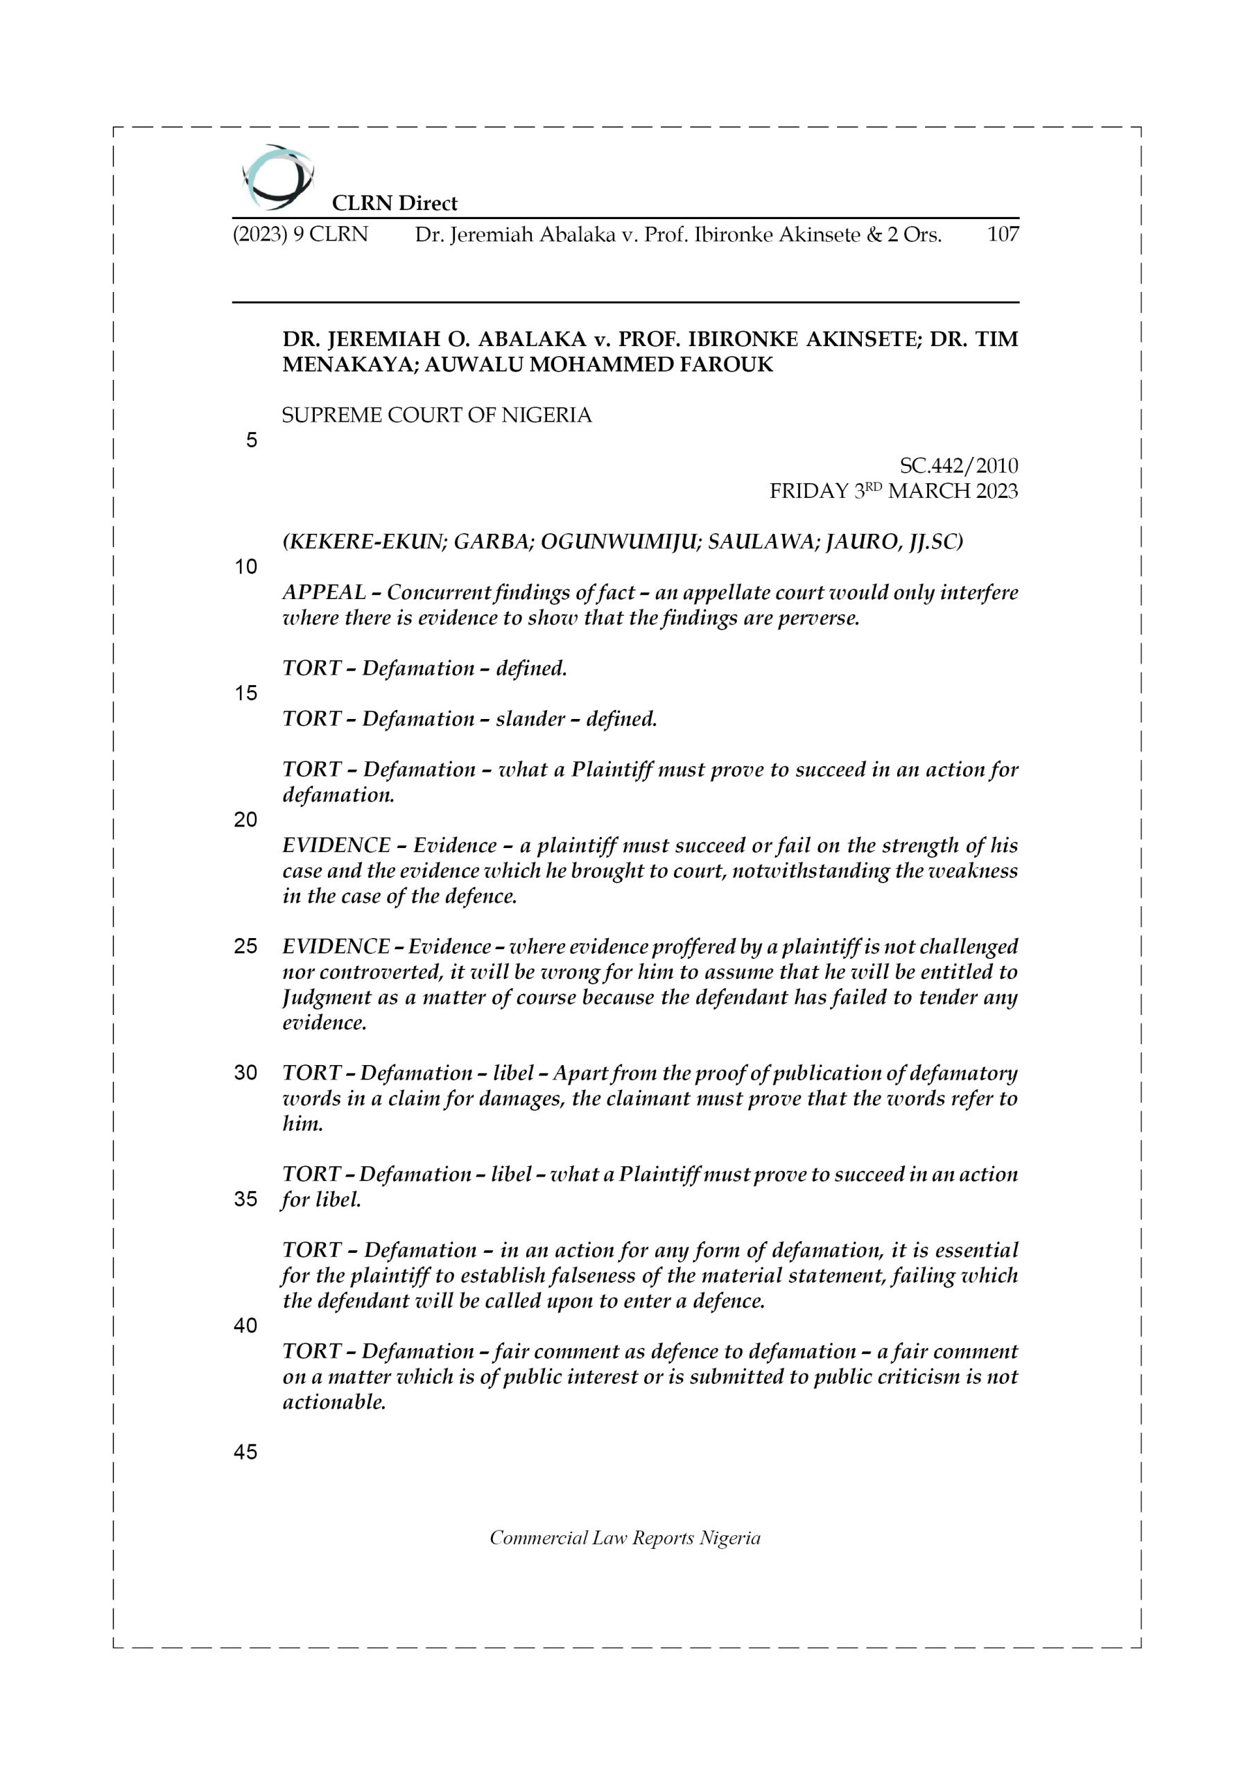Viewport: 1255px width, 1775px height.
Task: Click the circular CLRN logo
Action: [277, 177]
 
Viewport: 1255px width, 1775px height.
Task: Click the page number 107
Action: [1003, 234]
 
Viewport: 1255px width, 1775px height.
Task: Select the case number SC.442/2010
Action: [959, 465]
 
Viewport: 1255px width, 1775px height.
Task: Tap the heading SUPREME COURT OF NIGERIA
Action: [437, 415]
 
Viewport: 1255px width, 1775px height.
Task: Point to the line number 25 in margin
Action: [245, 946]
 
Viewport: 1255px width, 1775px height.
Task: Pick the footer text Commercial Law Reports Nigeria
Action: [625, 1538]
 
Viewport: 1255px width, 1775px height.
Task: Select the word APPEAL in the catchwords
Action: [324, 592]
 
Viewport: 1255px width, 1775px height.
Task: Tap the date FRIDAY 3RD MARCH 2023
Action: [893, 491]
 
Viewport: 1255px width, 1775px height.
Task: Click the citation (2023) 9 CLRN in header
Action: [300, 234]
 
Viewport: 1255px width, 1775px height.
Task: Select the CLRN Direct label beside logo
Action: [395, 203]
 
